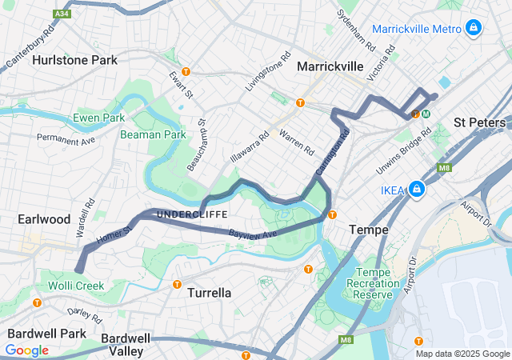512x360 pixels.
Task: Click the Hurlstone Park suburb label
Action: tap(74, 60)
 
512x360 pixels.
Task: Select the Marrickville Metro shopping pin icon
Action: tap(474, 29)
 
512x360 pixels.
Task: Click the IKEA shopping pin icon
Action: tap(416, 190)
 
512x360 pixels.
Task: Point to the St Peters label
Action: tap(479, 122)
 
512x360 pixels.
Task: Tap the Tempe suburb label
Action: tap(369, 230)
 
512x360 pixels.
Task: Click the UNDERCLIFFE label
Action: tap(192, 214)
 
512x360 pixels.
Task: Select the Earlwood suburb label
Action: tap(44, 219)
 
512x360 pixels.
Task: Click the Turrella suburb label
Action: tap(209, 294)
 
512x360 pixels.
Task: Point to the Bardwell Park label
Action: tap(46, 334)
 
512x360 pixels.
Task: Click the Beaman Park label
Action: tap(153, 134)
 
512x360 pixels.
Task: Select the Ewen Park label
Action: tap(98, 118)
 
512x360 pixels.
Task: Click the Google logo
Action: tap(26, 350)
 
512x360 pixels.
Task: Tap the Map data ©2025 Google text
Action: tap(462, 354)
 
